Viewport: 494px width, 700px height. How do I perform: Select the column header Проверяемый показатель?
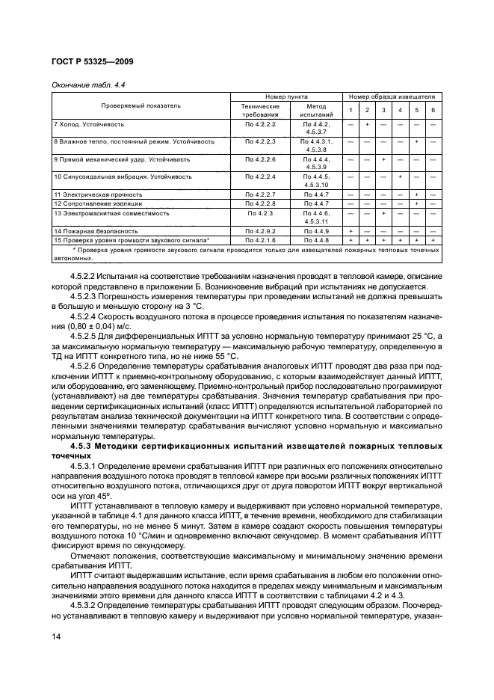click(x=141, y=105)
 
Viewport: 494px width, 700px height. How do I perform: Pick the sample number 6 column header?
click(x=433, y=111)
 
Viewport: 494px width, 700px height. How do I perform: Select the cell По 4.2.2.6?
click(x=260, y=159)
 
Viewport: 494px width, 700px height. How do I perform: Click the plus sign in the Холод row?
click(x=366, y=123)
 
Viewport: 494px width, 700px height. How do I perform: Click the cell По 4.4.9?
click(x=316, y=231)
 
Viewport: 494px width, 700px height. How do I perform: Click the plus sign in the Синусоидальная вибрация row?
click(x=400, y=176)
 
